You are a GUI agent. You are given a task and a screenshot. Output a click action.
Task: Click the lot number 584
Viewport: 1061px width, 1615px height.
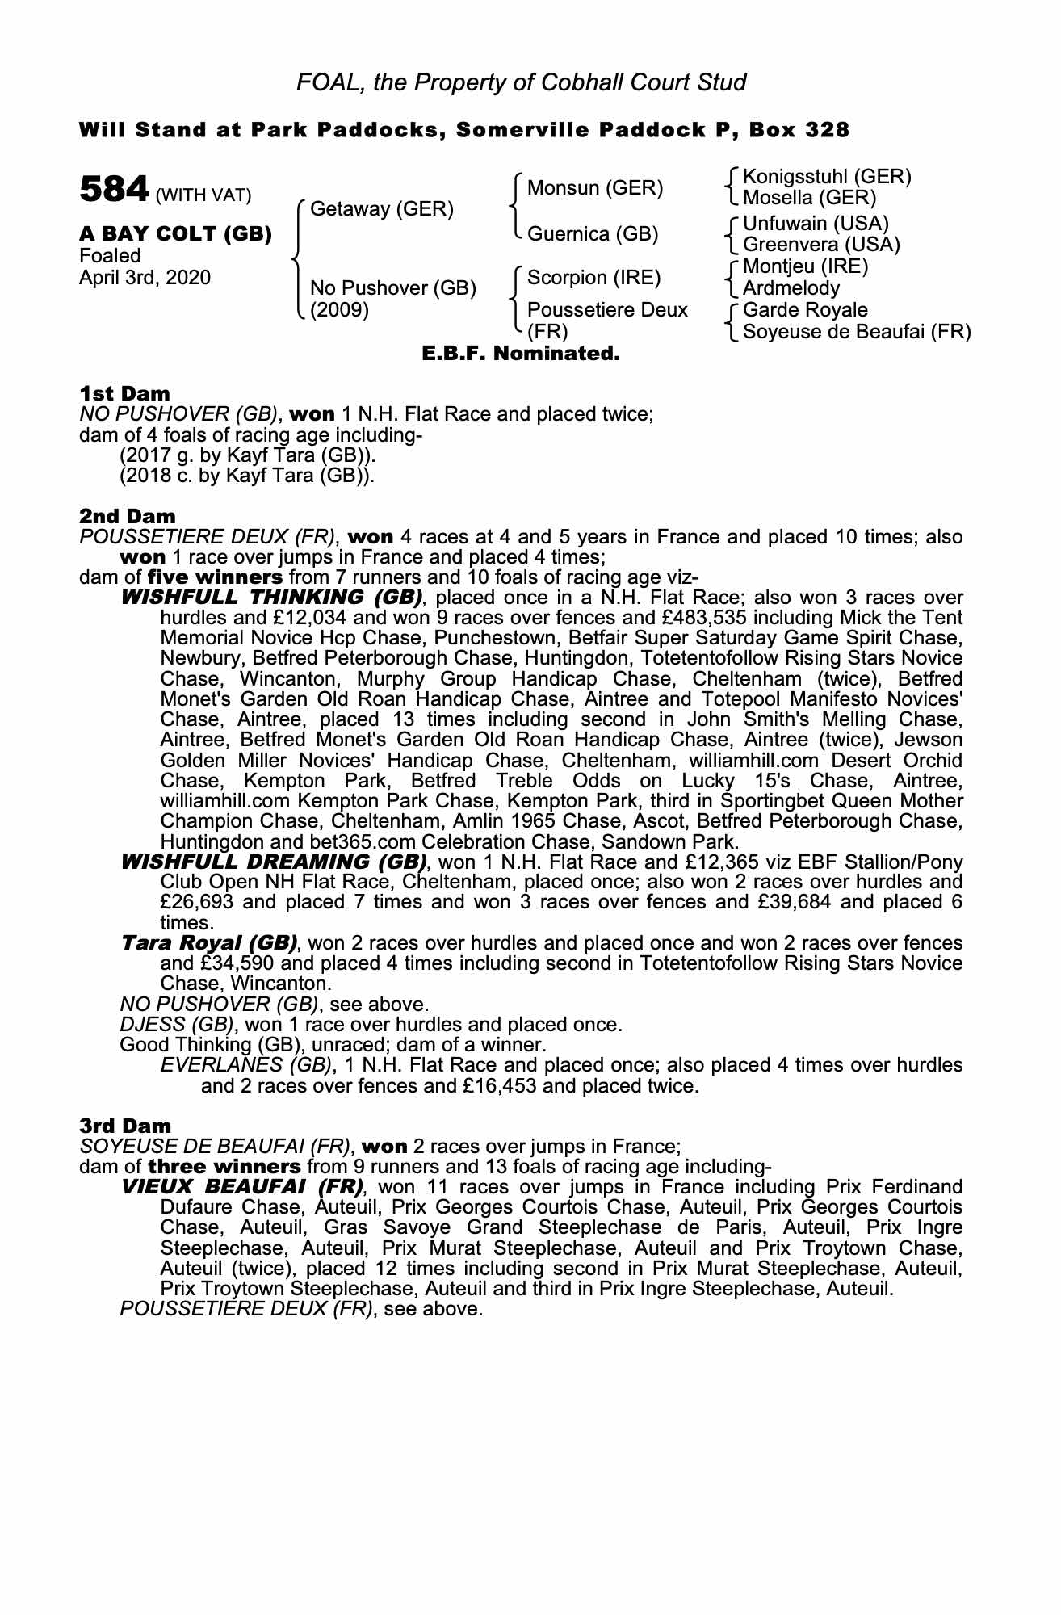click(114, 190)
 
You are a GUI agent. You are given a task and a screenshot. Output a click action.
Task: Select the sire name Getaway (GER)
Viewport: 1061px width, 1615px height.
click(381, 209)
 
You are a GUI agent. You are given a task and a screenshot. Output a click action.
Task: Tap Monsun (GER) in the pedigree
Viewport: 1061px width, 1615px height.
click(594, 188)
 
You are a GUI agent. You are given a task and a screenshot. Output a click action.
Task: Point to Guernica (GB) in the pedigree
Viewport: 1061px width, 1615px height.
click(593, 234)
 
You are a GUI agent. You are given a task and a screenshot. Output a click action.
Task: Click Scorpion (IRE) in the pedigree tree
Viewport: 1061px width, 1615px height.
click(593, 278)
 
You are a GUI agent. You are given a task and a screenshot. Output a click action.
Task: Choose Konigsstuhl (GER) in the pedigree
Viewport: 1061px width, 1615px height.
click(826, 177)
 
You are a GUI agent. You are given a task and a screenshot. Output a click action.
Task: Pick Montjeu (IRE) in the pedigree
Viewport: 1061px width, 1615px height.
click(805, 266)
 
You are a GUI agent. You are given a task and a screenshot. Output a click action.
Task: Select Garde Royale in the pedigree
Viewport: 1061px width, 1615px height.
click(805, 310)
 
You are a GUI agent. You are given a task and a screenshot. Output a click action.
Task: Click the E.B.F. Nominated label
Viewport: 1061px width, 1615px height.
click(521, 353)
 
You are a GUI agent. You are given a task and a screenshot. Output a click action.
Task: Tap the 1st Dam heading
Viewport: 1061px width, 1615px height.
click(124, 393)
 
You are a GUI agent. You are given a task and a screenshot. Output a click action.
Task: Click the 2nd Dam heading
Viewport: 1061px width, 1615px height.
click(127, 515)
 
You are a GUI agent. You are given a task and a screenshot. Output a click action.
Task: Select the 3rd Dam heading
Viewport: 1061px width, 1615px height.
click(125, 1126)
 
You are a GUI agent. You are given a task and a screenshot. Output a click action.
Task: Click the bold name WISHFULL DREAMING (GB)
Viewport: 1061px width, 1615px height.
click(274, 862)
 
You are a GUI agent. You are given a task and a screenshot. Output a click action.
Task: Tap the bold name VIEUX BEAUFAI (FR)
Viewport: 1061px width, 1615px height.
click(241, 1187)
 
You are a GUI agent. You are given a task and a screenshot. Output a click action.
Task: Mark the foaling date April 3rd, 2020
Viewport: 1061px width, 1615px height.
click(145, 278)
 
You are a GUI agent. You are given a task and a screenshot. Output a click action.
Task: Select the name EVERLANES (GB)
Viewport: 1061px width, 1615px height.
click(245, 1065)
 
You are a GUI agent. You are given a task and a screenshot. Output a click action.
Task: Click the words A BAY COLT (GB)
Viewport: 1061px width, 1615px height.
click(175, 234)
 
